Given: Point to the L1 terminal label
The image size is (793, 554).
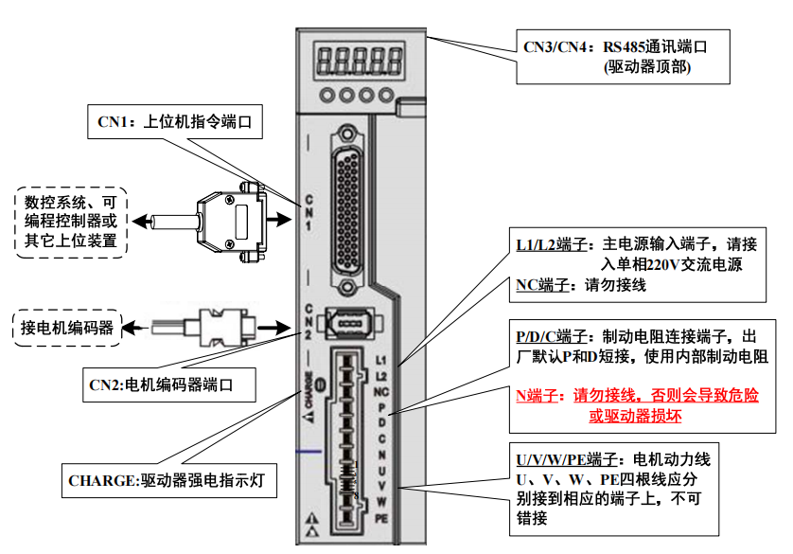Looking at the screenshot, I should coord(381,360).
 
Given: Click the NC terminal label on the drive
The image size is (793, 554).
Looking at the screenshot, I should coord(381,391).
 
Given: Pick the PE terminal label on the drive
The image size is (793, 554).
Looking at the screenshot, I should coord(381,518).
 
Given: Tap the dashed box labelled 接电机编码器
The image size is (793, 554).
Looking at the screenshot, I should coord(67,328).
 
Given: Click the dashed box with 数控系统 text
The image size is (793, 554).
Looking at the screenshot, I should coord(71,222).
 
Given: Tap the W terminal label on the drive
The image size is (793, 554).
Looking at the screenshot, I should coord(381,502).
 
